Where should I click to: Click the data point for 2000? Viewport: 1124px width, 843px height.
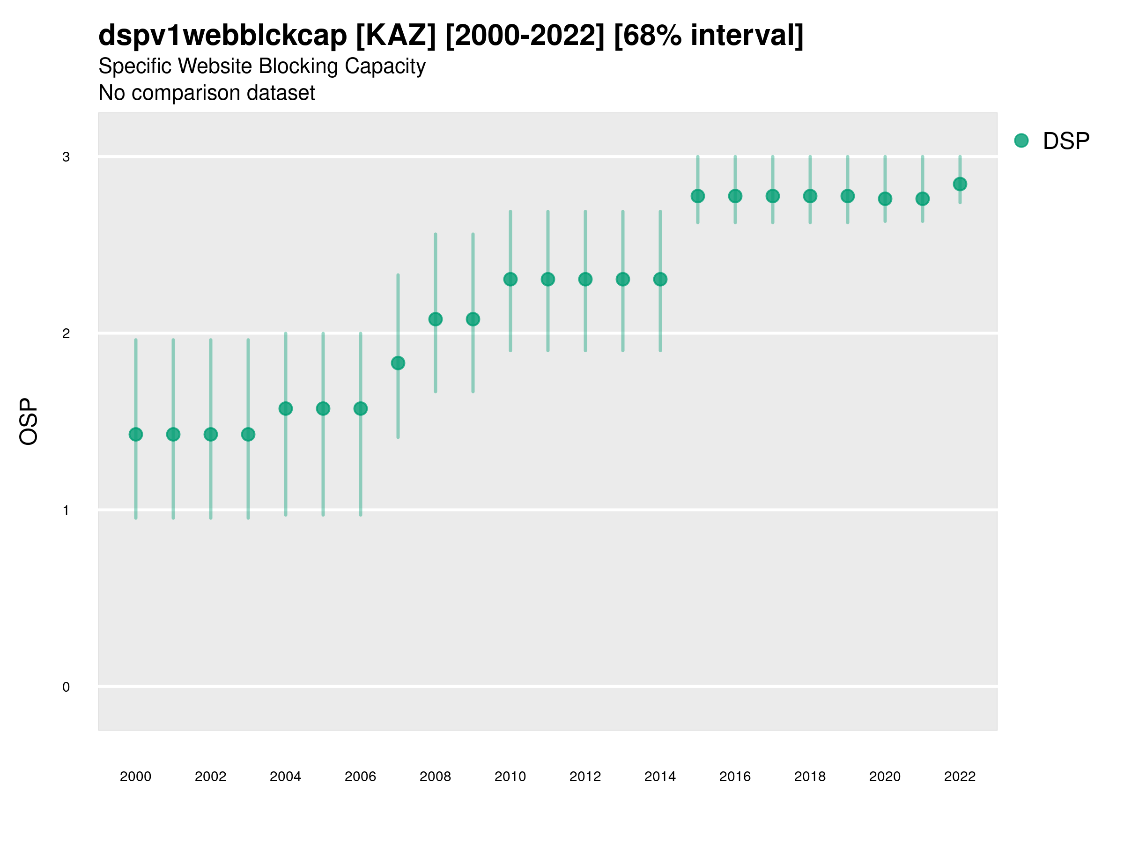pos(136,435)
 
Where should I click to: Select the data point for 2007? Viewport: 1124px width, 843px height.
pos(398,363)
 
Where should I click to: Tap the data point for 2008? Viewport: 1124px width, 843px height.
pos(436,319)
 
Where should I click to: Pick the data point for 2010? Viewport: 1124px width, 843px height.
pos(510,279)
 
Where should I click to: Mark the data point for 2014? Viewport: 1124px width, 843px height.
pos(660,279)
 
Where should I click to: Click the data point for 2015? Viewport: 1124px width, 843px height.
pos(698,196)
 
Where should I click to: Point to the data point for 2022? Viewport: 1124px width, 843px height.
pos(960,184)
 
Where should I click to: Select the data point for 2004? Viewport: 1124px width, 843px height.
pos(286,408)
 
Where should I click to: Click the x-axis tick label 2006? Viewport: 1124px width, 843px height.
pos(360,776)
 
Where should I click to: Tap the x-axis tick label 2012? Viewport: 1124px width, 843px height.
pos(585,776)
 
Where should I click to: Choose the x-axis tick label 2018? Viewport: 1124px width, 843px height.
pos(810,776)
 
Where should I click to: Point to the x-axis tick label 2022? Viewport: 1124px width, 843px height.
pos(960,776)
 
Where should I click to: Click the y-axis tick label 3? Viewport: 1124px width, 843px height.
pos(66,157)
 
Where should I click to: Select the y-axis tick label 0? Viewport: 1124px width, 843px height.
pos(66,687)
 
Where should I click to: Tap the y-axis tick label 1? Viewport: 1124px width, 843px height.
pos(66,510)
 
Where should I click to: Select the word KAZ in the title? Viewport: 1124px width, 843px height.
pos(396,36)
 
